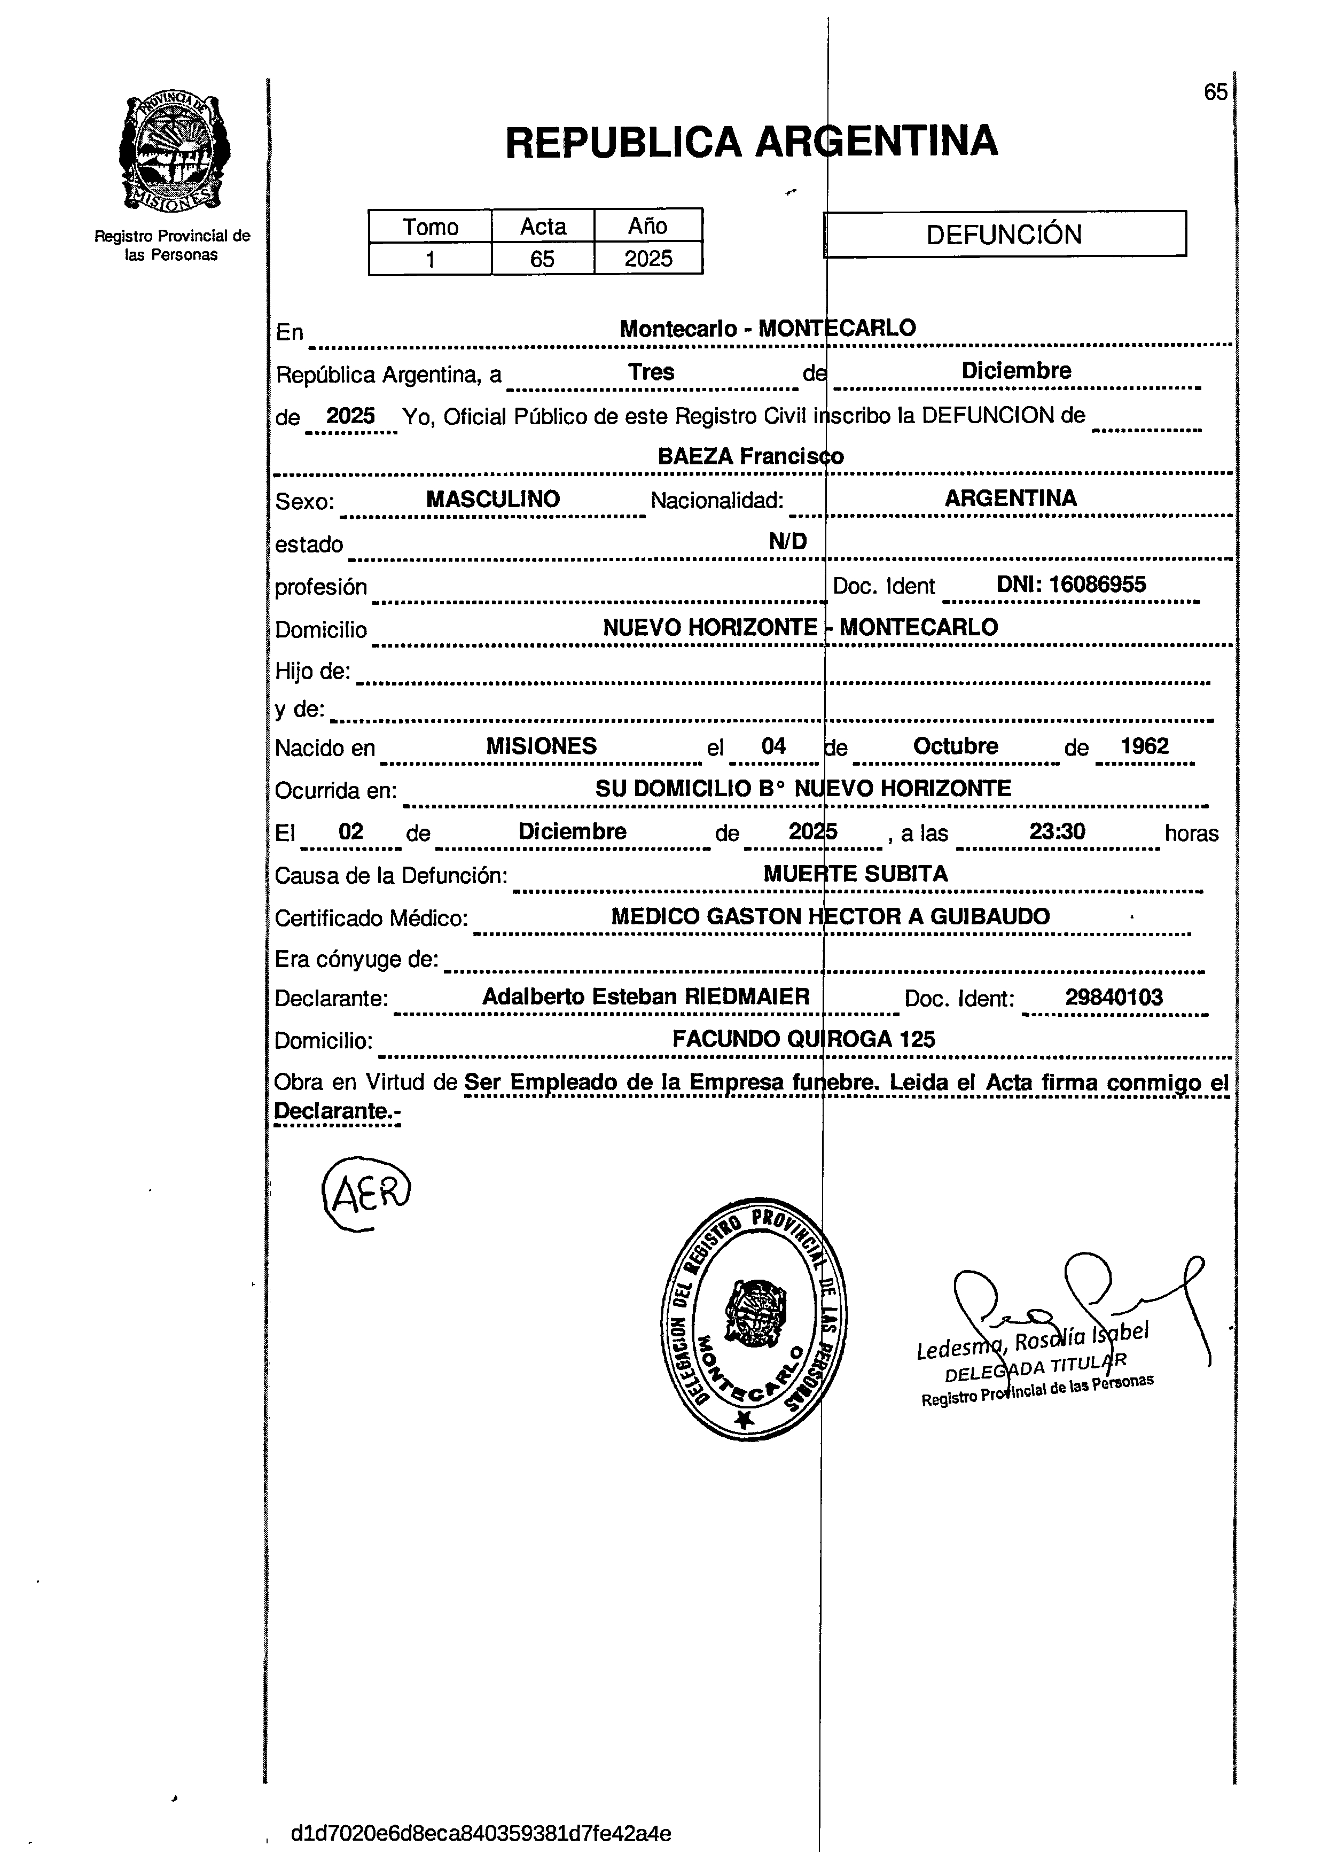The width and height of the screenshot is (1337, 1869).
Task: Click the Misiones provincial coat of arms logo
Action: (174, 153)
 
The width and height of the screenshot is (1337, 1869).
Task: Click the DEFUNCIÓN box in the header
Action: (1004, 235)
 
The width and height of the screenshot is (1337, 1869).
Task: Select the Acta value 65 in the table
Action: (542, 259)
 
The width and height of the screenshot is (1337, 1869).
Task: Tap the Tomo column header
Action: (430, 227)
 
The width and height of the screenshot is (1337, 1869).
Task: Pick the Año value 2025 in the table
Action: (648, 259)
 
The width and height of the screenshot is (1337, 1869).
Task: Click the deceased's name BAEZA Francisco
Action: (750, 456)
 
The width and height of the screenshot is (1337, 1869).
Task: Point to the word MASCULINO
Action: (492, 499)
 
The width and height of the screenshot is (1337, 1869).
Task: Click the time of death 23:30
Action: (1057, 831)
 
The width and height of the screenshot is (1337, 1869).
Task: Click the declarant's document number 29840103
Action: (1113, 998)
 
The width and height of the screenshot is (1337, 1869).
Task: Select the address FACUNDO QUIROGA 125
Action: (803, 1039)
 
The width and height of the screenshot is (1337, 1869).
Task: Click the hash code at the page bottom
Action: (481, 1834)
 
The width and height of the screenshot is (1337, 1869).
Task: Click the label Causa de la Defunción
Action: (390, 875)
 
